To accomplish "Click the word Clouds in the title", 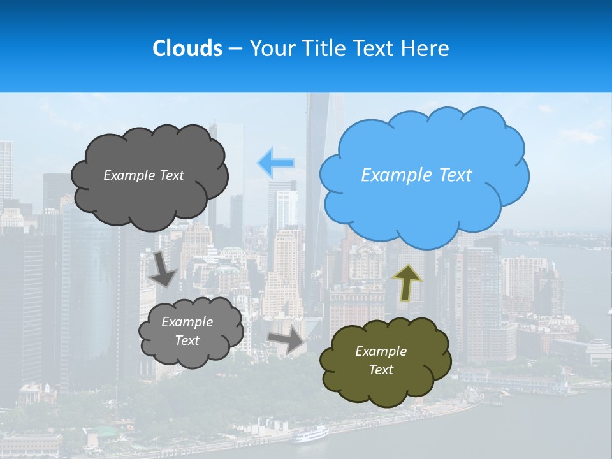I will click(x=187, y=48).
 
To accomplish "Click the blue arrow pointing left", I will click(x=275, y=163).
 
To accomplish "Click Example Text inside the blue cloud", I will click(x=416, y=175).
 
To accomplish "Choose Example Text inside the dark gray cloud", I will click(x=143, y=175).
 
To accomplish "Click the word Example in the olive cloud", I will click(x=381, y=351).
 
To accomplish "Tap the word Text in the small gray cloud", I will click(x=187, y=340).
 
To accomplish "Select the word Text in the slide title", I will click(x=374, y=48).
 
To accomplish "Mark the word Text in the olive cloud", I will click(x=381, y=370).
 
